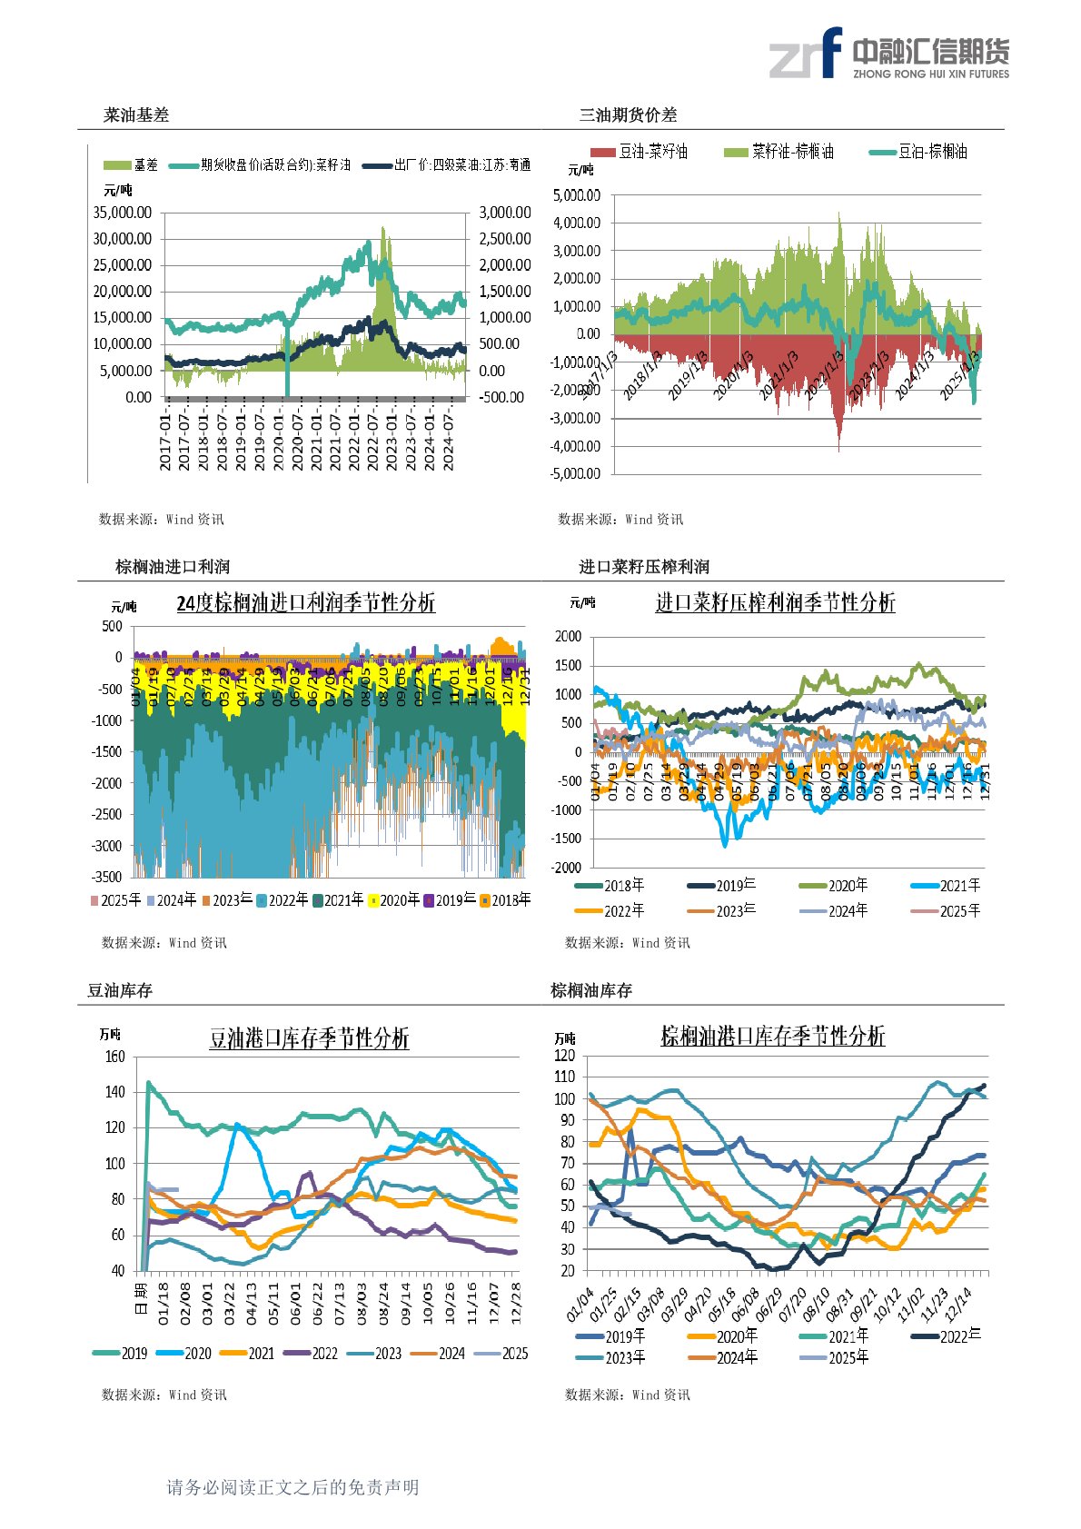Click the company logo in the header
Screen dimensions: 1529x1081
click(x=888, y=54)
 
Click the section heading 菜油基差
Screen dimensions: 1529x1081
click(x=136, y=115)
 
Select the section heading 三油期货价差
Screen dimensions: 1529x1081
click(x=628, y=115)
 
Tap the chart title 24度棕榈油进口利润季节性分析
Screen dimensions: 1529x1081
click(x=305, y=603)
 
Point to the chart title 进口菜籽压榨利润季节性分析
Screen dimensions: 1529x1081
click(x=775, y=602)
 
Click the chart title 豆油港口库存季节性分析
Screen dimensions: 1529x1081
click(x=309, y=1038)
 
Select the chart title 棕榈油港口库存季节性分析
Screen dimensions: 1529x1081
click(x=772, y=1037)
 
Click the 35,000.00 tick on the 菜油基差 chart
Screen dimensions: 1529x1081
click(x=123, y=213)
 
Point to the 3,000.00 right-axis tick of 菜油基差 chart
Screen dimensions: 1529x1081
click(x=505, y=213)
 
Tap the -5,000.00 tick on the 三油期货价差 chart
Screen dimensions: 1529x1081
click(x=577, y=473)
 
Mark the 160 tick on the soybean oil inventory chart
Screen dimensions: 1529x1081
click(x=115, y=1057)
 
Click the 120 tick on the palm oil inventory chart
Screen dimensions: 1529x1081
click(x=565, y=1056)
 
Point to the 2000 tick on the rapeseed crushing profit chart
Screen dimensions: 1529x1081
click(x=568, y=637)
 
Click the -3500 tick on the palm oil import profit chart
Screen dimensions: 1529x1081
click(x=107, y=877)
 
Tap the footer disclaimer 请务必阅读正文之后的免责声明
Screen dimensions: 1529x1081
click(x=293, y=1487)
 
